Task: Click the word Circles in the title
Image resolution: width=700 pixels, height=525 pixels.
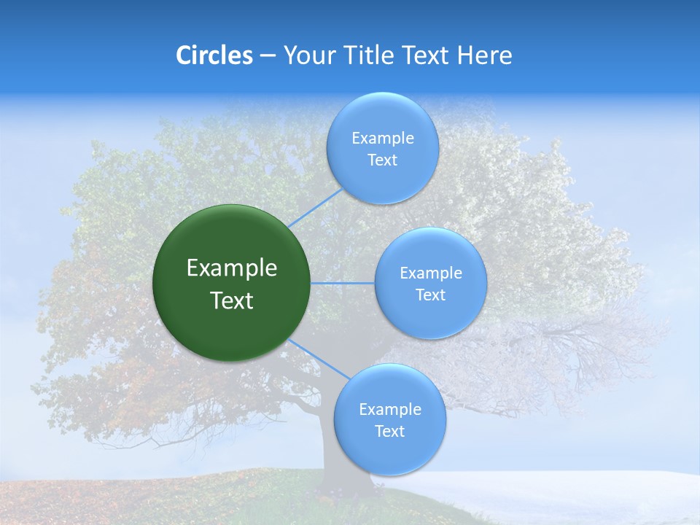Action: click(x=214, y=55)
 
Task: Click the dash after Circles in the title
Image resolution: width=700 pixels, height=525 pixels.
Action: click(x=268, y=56)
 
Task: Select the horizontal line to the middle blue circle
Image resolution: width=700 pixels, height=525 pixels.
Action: click(x=343, y=283)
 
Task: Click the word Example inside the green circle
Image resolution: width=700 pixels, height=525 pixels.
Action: click(x=232, y=268)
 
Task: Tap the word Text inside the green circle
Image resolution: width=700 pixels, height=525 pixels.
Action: click(x=232, y=300)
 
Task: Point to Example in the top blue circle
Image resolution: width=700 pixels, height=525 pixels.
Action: click(x=383, y=138)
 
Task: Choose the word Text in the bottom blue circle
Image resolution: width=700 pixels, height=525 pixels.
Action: click(x=389, y=431)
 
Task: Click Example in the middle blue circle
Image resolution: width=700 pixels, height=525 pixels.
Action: click(x=431, y=273)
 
